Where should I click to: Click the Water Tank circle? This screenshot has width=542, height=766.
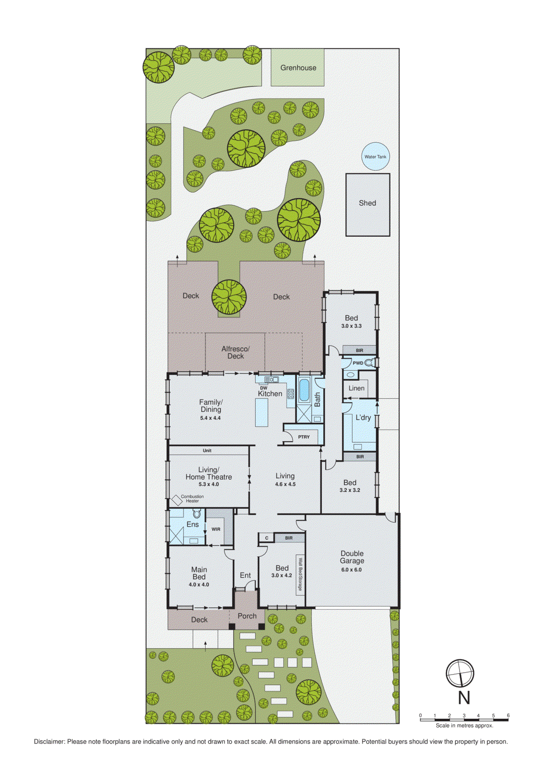pyautogui.click(x=375, y=157)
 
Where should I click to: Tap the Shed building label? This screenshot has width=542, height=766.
pyautogui.click(x=367, y=203)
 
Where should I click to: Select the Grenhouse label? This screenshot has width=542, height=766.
pyautogui.click(x=298, y=68)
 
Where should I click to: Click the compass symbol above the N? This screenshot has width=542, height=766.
pyautogui.click(x=460, y=673)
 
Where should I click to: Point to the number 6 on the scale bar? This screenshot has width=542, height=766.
pyautogui.click(x=508, y=716)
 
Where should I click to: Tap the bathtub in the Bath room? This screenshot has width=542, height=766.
pyautogui.click(x=304, y=390)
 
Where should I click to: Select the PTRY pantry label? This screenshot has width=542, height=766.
pyautogui.click(x=304, y=437)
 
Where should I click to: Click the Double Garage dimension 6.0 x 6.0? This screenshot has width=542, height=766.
pyautogui.click(x=351, y=570)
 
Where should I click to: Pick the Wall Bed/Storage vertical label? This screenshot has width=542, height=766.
pyautogui.click(x=300, y=574)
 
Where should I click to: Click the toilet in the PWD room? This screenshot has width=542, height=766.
pyautogui.click(x=369, y=363)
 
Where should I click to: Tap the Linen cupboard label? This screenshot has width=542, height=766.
pyautogui.click(x=356, y=388)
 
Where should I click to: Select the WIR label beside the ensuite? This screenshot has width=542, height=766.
pyautogui.click(x=216, y=529)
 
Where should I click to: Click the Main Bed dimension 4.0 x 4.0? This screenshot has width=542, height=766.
pyautogui.click(x=199, y=585)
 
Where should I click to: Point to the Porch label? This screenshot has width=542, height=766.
pyautogui.click(x=247, y=616)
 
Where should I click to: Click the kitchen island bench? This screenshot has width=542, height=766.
pyautogui.click(x=261, y=412)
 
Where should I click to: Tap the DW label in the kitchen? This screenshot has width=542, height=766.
pyautogui.click(x=263, y=388)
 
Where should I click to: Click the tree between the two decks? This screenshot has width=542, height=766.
pyautogui.click(x=229, y=297)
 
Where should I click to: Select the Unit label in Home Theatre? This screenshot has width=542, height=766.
pyautogui.click(x=207, y=451)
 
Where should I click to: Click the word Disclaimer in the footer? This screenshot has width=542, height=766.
pyautogui.click(x=49, y=742)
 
